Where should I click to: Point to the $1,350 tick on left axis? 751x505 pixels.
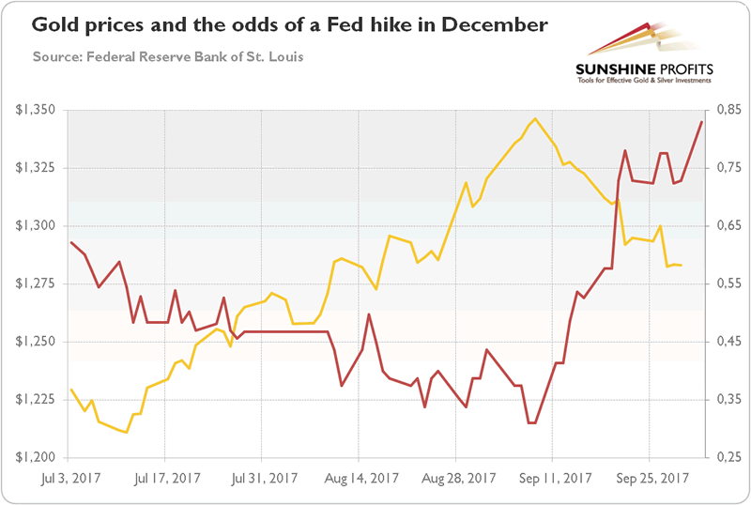tap(37, 111)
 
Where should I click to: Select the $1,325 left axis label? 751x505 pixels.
tap(37, 168)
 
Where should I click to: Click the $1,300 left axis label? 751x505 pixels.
tap(37, 226)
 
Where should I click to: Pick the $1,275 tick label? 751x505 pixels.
tap(37, 283)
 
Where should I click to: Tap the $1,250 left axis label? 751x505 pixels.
tap(37, 342)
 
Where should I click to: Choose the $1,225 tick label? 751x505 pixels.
tap(37, 399)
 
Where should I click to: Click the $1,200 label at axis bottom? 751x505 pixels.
tap(37, 457)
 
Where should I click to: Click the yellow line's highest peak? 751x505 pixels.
tap(535, 119)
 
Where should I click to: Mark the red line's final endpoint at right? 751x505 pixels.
tap(702, 122)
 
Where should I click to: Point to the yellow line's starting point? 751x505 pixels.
tap(71, 390)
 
